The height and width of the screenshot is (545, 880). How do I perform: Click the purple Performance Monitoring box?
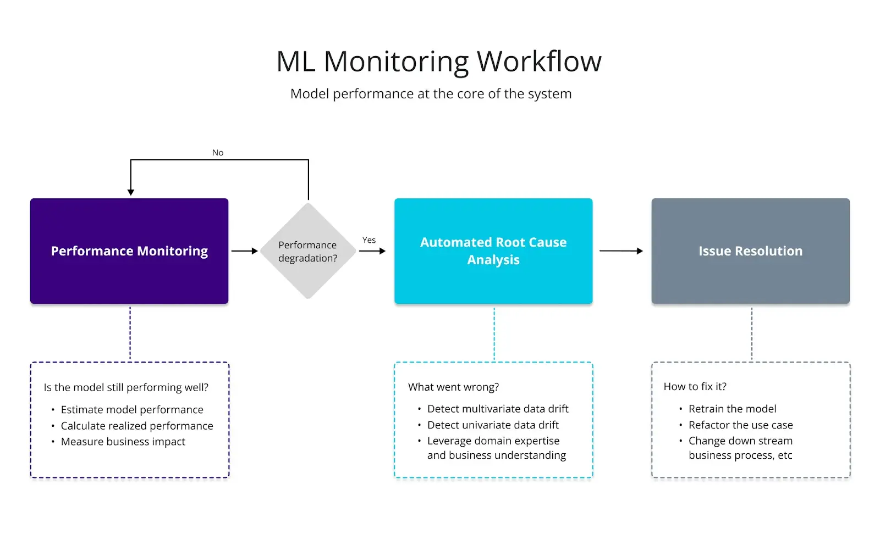(129, 251)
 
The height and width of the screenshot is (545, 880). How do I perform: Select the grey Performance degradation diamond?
(308, 251)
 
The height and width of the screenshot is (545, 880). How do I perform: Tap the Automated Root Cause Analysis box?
(493, 251)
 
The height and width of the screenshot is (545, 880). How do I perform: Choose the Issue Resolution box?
(750, 251)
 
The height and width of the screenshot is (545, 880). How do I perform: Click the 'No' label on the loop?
(218, 153)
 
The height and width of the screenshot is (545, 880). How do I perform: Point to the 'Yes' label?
(369, 240)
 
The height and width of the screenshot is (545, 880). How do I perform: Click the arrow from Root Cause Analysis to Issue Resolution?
(621, 251)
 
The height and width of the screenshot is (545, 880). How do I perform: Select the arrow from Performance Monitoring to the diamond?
(244, 251)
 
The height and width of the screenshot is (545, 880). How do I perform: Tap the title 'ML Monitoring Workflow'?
(439, 61)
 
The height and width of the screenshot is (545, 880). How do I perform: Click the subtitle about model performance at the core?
(431, 94)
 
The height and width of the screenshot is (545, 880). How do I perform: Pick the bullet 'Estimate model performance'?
(132, 410)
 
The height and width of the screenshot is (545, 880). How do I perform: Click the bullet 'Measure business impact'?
(123, 442)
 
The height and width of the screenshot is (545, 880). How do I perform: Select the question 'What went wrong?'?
(453, 387)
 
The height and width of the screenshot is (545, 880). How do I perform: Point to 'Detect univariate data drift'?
(493, 425)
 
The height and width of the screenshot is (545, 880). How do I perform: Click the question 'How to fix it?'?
(695, 387)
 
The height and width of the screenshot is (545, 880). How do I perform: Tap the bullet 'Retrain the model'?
(732, 409)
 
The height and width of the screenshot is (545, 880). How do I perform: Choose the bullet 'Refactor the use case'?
(740, 425)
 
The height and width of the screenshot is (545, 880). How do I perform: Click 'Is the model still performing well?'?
(126, 387)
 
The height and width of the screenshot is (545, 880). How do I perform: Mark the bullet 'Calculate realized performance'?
(137, 426)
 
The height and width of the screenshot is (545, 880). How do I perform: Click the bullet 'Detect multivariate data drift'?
(498, 409)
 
